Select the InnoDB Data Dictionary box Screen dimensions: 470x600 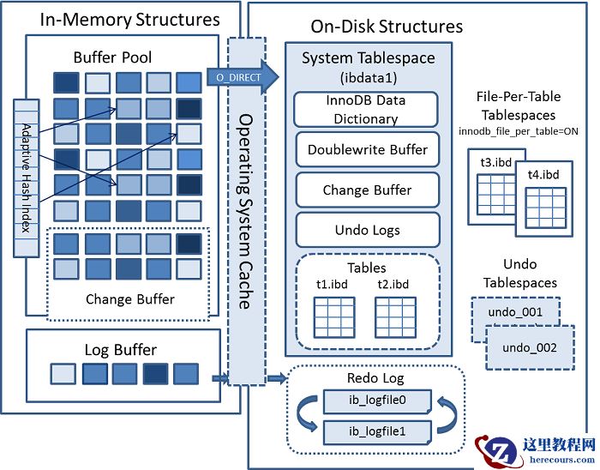pos(366,110)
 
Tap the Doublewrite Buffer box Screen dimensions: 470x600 pos(367,149)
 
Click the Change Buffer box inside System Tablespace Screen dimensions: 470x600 pos(367,190)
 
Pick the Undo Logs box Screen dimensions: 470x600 pos(367,230)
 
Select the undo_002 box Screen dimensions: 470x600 pos(529,347)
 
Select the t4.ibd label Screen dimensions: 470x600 pos(542,175)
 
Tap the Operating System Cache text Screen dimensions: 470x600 pos(244,210)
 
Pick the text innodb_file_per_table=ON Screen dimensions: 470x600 pos(517,130)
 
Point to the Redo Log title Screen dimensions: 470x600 pos(375,377)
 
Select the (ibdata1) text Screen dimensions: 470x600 pos(368,76)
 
